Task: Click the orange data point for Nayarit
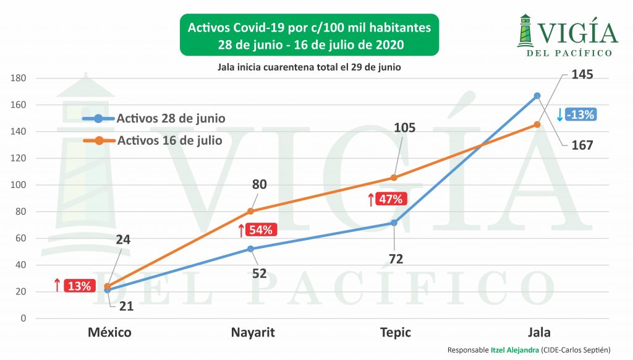click(250, 211)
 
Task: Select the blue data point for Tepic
click(394, 223)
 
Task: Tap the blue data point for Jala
click(537, 95)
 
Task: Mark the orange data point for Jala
click(537, 124)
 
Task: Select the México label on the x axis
click(109, 332)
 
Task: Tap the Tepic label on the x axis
click(395, 332)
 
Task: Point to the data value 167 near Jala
click(582, 145)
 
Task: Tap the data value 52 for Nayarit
click(259, 272)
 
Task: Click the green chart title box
click(310, 36)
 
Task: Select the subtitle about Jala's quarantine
click(309, 67)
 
